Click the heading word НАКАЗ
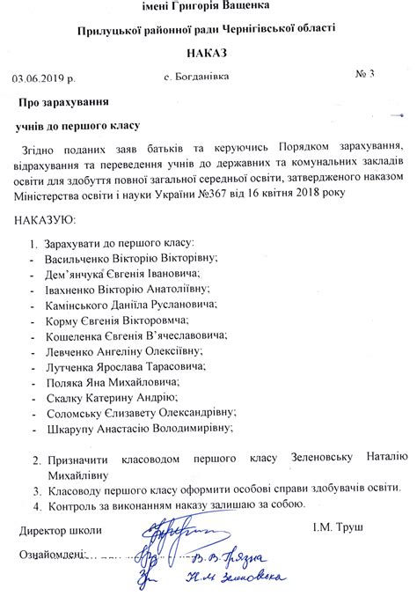207,53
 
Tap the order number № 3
365,73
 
